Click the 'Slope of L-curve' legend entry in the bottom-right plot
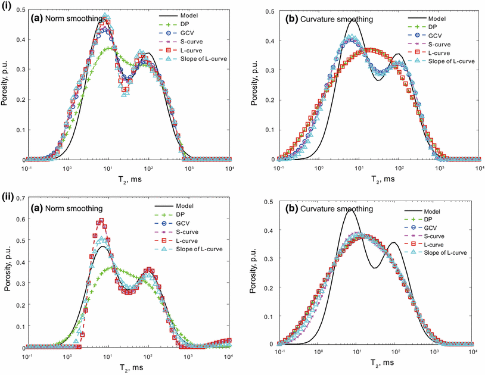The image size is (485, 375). click(x=440, y=252)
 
